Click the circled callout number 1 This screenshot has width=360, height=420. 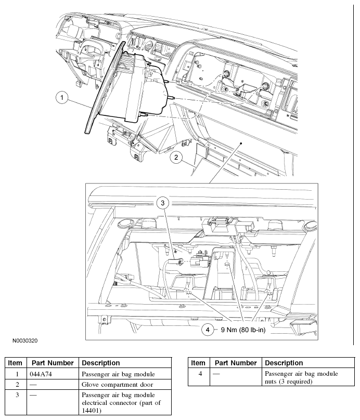pyautogui.click(x=62, y=97)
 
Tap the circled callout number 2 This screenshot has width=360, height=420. pyautogui.click(x=176, y=157)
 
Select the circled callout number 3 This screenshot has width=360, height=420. pyautogui.click(x=162, y=203)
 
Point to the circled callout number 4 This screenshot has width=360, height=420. pyautogui.click(x=208, y=330)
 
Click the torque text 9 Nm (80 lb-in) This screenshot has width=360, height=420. pyautogui.click(x=243, y=330)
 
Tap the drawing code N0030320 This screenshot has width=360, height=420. pyautogui.click(x=25, y=340)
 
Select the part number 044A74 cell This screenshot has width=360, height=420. pyautogui.click(x=41, y=374)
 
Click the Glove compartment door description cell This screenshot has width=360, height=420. pyautogui.click(x=117, y=385)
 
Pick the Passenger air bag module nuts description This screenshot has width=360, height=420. pyautogui.click(x=301, y=377)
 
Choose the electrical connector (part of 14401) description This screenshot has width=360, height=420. pyautogui.click(x=121, y=403)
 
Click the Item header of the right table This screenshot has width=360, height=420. pyautogui.click(x=198, y=363)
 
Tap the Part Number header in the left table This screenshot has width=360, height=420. pyautogui.click(x=53, y=363)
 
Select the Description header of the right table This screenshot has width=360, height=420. pyautogui.click(x=284, y=363)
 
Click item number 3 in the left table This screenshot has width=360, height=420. pyautogui.click(x=17, y=395)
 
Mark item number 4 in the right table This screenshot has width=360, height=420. pyautogui.click(x=200, y=374)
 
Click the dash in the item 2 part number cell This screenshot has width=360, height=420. pyautogui.click(x=33, y=385)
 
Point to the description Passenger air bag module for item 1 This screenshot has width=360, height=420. pyautogui.click(x=118, y=374)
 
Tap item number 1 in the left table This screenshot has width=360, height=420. pyautogui.click(x=17, y=374)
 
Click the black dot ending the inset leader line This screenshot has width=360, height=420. pyautogui.click(x=241, y=143)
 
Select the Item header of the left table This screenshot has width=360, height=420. pyautogui.click(x=15, y=363)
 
